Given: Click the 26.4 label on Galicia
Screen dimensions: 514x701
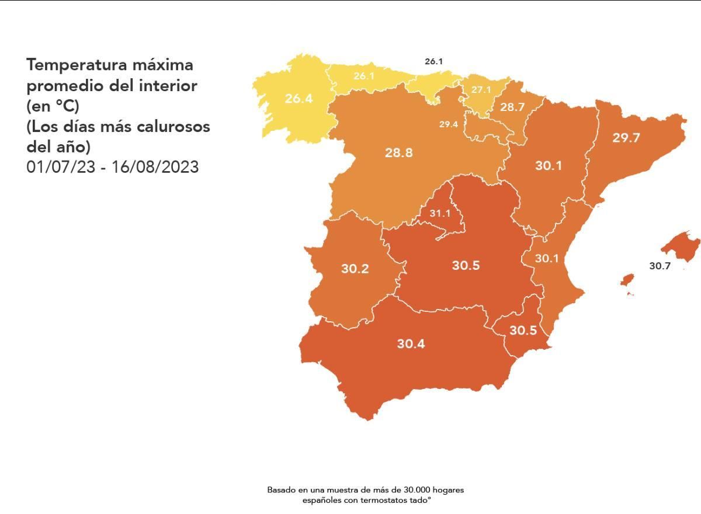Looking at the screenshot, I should coord(299,99).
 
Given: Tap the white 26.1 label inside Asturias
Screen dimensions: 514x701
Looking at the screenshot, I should coord(363,76).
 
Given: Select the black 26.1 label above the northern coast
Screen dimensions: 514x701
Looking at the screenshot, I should coord(434,61).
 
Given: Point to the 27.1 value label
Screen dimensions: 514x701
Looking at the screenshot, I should coord(481,90).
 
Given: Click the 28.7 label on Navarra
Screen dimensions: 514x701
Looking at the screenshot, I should coord(512,107).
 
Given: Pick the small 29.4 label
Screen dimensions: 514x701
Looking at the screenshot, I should coord(449,124).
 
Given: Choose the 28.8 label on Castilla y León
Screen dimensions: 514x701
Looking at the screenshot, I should coord(399,152).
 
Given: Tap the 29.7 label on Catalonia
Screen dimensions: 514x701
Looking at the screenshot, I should coord(626,138).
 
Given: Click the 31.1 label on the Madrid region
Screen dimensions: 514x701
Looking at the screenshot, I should coord(440,214).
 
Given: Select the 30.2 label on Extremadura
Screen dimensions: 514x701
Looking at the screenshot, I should coord(355,269).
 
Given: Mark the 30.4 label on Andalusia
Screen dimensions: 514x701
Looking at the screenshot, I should coord(411,343).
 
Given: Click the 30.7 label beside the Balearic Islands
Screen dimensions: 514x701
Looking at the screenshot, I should coord(660,266).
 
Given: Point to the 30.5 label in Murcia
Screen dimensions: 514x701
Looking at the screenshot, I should coord(523,330).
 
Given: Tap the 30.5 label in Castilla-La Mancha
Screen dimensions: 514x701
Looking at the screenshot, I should coord(466,265).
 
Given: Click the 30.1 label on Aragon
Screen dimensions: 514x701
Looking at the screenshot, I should coord(549,166).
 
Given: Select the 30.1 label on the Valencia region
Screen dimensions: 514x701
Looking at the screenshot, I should coord(547,258).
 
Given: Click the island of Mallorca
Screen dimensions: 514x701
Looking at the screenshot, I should coord(681,245).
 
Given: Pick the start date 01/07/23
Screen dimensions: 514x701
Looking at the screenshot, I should coord(59,167).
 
